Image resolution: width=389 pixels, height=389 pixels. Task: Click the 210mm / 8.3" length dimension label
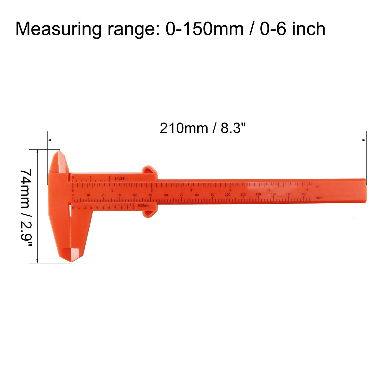(x=203, y=128)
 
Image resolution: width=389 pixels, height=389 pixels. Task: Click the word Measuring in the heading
(x=58, y=29)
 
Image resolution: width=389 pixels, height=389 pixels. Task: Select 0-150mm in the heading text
(x=204, y=29)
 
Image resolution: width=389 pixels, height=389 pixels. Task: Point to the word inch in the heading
(x=308, y=29)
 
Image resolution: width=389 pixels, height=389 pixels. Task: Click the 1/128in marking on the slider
(x=121, y=178)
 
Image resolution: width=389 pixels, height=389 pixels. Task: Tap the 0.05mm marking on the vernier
(x=144, y=206)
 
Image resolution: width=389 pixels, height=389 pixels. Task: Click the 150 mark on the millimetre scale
(x=304, y=194)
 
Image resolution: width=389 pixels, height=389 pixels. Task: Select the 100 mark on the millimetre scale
(x=228, y=194)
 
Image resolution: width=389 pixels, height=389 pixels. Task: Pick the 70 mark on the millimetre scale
(x=181, y=195)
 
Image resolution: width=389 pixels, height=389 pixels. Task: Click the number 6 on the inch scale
(x=307, y=189)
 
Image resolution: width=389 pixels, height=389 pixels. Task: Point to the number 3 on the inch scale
(x=191, y=190)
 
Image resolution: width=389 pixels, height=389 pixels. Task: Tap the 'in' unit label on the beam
(x=318, y=187)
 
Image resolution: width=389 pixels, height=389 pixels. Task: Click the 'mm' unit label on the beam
(x=319, y=198)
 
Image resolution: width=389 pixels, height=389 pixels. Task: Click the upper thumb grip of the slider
(x=149, y=170)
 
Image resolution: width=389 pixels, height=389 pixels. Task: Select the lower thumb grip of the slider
(x=149, y=214)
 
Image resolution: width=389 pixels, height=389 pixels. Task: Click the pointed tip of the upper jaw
(x=59, y=151)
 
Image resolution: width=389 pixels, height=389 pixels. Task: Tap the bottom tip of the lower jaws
(x=71, y=260)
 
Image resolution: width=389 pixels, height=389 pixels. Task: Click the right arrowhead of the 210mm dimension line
(x=364, y=140)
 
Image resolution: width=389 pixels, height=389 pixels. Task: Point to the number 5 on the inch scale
(x=269, y=190)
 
